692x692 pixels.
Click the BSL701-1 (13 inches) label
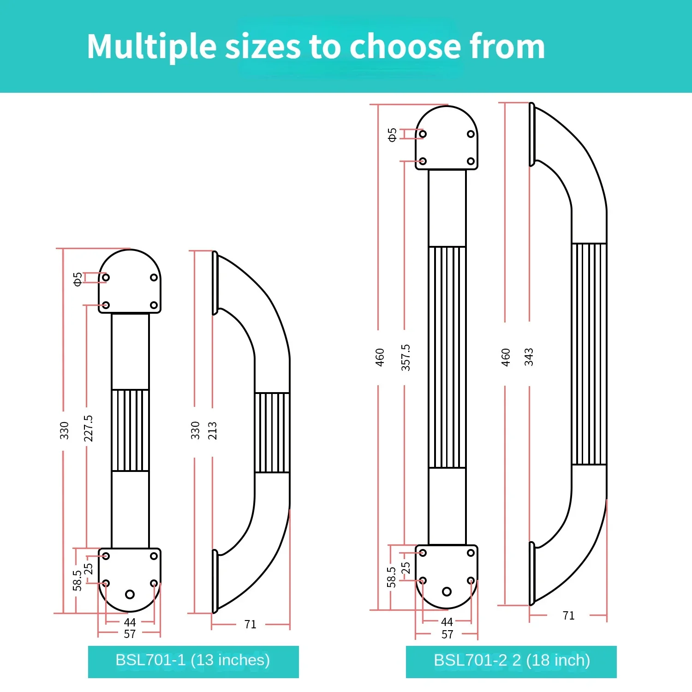(193, 661)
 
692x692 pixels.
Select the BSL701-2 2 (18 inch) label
(512, 661)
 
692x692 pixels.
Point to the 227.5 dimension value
(88, 428)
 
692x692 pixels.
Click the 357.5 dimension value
(406, 358)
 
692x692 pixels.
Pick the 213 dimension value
(212, 430)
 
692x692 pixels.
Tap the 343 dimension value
(529, 357)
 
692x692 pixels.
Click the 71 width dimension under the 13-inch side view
(250, 625)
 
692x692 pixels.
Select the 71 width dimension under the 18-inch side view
(568, 616)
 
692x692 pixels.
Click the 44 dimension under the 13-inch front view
(130, 622)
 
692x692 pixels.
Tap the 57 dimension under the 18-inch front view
(447, 635)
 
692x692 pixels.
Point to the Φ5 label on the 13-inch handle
(78, 279)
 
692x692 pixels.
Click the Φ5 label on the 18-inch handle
(392, 135)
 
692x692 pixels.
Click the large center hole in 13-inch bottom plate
(130, 594)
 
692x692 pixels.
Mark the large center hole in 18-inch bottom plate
(447, 591)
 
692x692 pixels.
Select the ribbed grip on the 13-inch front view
(130, 430)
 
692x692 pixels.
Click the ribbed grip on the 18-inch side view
(589, 354)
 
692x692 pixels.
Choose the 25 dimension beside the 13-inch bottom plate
(88, 569)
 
